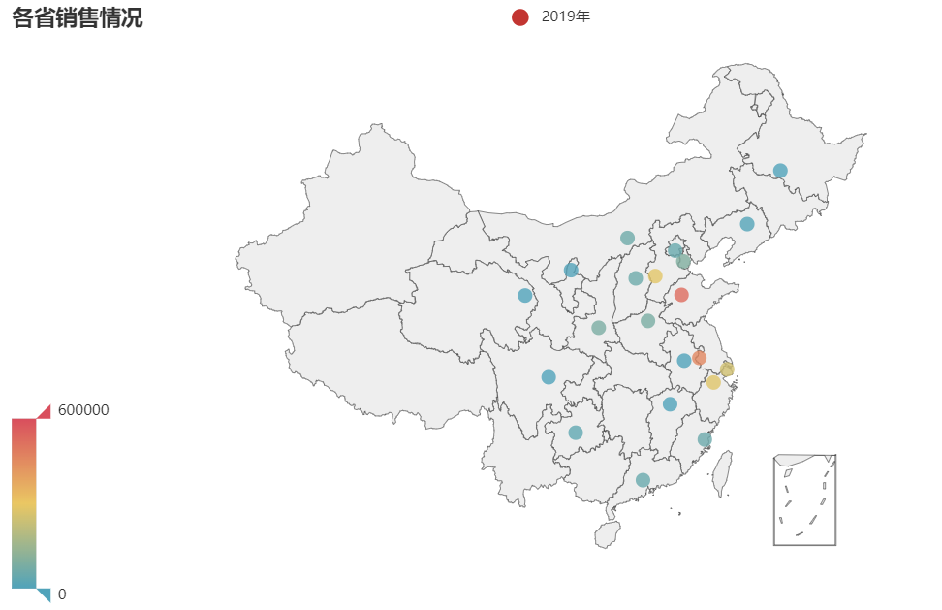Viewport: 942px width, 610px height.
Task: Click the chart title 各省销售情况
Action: point(78,17)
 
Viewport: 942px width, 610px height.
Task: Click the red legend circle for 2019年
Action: point(519,16)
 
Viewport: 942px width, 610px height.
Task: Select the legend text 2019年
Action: point(565,16)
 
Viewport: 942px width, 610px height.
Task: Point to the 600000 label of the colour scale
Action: point(83,410)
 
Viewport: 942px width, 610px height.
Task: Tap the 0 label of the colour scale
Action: point(62,594)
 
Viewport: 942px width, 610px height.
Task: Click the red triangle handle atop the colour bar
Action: point(44,412)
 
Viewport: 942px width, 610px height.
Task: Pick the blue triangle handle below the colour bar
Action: point(44,594)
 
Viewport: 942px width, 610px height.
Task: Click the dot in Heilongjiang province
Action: point(780,171)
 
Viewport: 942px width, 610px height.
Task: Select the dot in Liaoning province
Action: point(747,224)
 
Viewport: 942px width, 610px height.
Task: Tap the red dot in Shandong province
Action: point(681,295)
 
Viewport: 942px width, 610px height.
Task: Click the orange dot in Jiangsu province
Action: point(700,358)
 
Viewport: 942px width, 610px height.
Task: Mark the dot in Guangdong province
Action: point(643,480)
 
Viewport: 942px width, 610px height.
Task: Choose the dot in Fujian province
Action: point(705,439)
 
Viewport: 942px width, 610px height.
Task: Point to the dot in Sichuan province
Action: point(549,376)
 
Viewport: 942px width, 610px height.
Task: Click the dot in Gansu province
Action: point(525,296)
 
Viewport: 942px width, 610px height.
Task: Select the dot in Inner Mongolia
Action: point(627,238)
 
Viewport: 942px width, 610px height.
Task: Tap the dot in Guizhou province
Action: point(576,433)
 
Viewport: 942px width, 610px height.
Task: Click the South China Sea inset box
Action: point(804,500)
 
